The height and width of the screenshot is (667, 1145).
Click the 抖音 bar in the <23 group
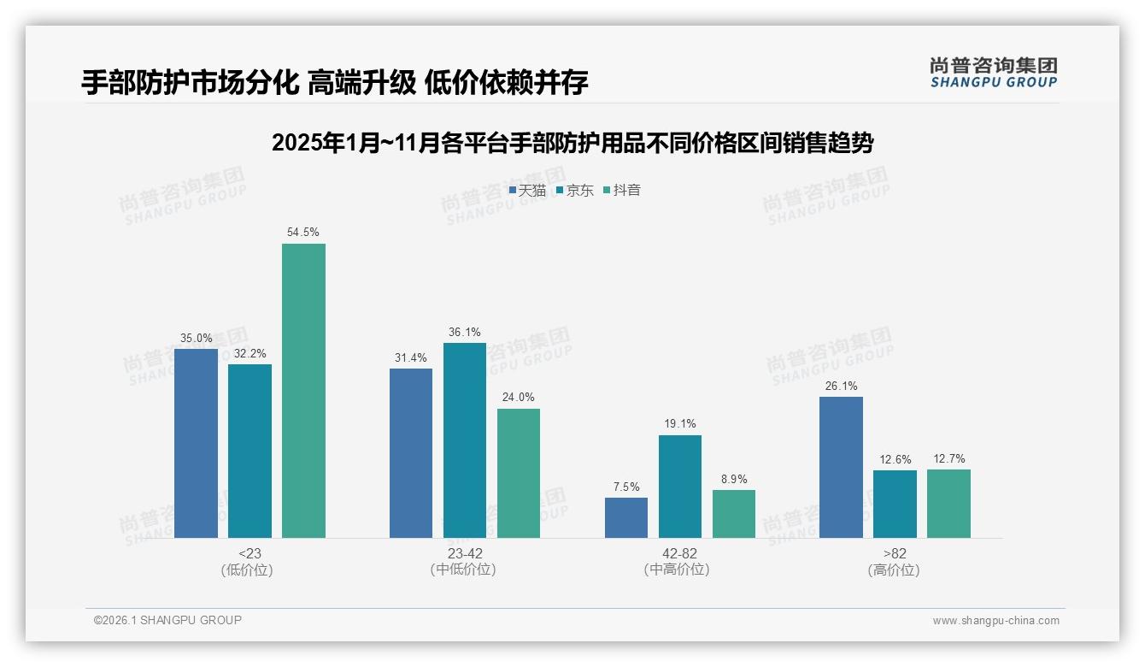coord(303,391)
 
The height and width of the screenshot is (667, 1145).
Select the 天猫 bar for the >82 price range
coord(841,467)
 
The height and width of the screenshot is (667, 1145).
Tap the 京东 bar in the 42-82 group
coord(679,487)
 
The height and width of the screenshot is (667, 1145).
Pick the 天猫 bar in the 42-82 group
coord(625,517)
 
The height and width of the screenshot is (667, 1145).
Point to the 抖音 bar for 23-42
coord(519,473)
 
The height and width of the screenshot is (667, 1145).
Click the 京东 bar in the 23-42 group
coord(464,440)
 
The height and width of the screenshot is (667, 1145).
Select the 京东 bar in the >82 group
coord(895,504)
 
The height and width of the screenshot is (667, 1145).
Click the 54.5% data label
coord(303,233)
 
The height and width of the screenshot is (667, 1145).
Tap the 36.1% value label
coord(464,333)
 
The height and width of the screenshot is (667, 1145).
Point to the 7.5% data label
coord(625,487)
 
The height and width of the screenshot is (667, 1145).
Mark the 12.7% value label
coord(948,459)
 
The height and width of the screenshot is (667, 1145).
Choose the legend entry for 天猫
coord(527,191)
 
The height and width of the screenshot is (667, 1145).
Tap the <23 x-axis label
coord(250,553)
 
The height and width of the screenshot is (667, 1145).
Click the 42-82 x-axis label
coord(679,553)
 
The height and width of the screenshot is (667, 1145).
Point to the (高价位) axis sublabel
coord(894,570)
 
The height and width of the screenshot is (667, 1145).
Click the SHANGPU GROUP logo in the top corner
coord(993,72)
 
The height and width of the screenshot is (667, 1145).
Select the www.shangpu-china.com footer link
coord(995,621)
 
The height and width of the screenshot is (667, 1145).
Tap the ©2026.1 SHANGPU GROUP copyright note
coord(167,620)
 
